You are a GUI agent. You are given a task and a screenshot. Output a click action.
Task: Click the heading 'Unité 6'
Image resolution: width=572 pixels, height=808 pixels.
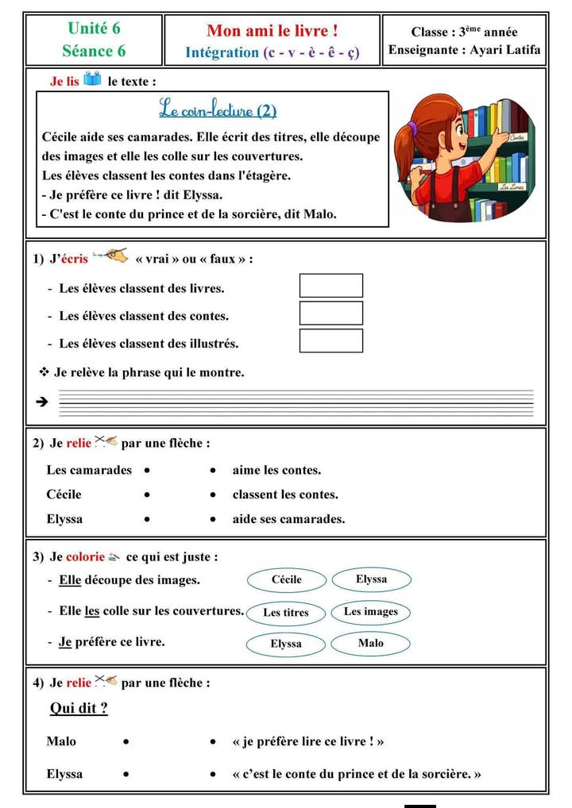click(94, 29)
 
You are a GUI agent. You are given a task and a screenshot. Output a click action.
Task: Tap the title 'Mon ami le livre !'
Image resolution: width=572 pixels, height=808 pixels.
click(272, 31)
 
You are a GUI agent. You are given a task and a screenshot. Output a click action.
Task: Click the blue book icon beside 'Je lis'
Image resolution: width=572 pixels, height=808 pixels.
click(92, 80)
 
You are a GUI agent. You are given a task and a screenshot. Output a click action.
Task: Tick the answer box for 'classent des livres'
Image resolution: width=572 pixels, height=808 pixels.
click(330, 286)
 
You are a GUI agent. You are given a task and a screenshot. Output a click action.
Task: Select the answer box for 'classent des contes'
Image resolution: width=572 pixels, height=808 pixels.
click(330, 314)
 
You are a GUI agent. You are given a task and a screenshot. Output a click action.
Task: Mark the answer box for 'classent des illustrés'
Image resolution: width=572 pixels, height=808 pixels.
click(330, 341)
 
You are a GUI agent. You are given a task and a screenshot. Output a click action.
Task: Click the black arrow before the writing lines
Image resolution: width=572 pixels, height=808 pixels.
click(43, 402)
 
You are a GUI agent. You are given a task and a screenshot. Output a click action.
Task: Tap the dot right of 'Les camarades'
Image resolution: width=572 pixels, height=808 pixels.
click(148, 471)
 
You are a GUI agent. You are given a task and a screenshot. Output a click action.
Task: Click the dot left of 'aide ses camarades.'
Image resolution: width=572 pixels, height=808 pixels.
click(214, 520)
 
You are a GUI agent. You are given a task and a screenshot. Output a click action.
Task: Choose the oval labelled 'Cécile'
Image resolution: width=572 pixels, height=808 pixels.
click(286, 580)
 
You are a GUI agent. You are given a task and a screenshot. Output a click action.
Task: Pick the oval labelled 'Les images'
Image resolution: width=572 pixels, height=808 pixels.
click(371, 612)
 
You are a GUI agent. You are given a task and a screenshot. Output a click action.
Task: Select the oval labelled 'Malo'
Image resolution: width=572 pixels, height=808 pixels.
click(370, 643)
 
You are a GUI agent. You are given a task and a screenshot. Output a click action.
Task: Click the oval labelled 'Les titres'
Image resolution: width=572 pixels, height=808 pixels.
click(285, 613)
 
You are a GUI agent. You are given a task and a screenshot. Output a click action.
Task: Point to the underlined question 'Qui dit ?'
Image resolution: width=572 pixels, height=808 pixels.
click(79, 708)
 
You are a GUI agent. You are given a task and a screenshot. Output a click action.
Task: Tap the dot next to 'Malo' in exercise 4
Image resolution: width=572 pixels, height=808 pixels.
click(126, 742)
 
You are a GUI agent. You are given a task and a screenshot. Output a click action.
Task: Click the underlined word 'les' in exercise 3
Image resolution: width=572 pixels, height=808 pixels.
click(92, 611)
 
